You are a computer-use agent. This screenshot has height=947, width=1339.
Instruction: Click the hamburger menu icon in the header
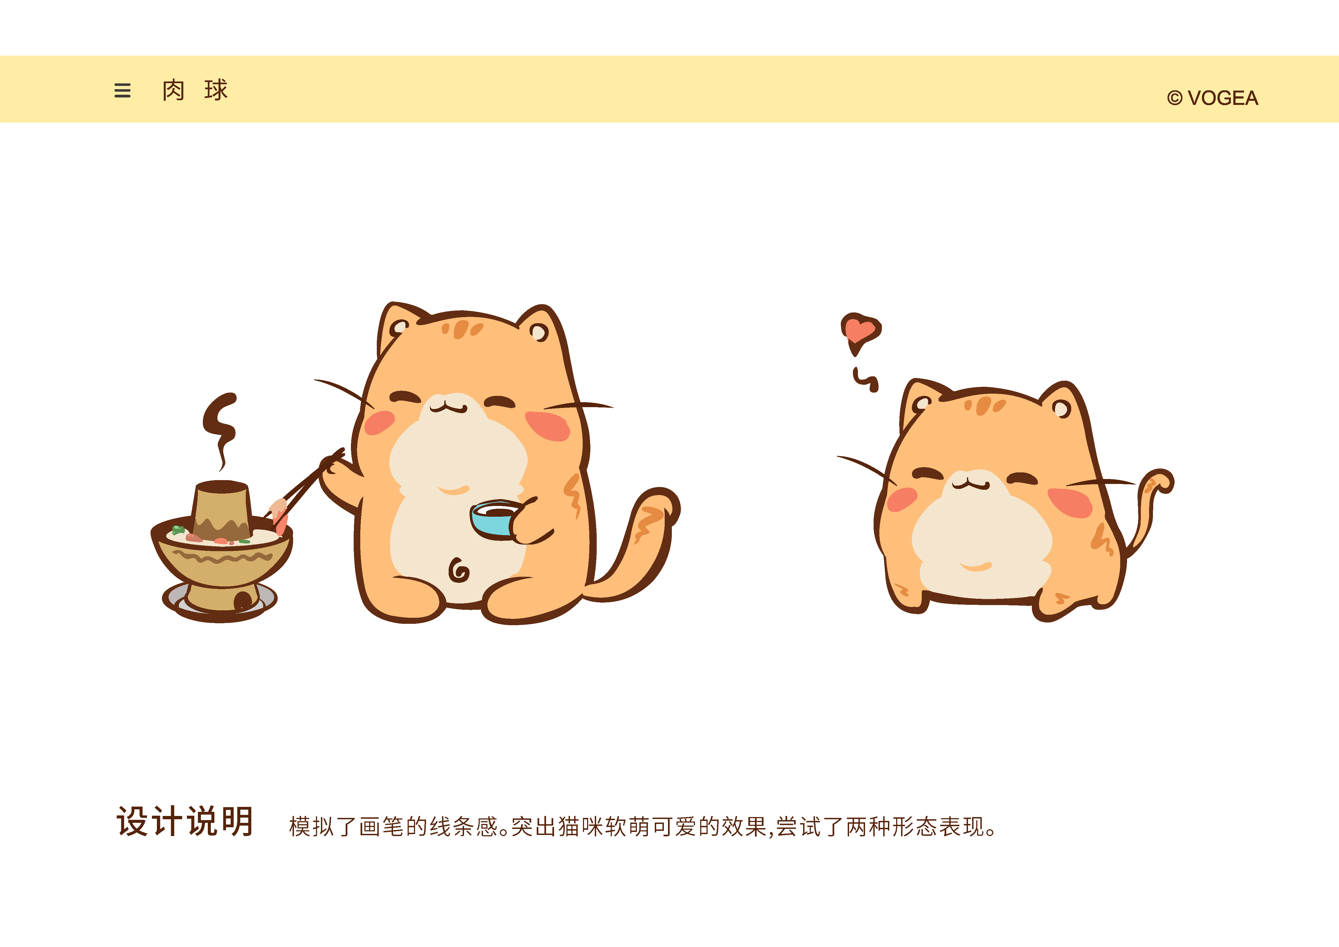122,91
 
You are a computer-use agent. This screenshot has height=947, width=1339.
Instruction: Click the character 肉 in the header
173,91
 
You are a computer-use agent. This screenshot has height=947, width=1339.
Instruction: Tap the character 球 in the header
216,91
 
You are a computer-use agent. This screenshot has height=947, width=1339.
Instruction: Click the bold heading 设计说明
185,821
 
